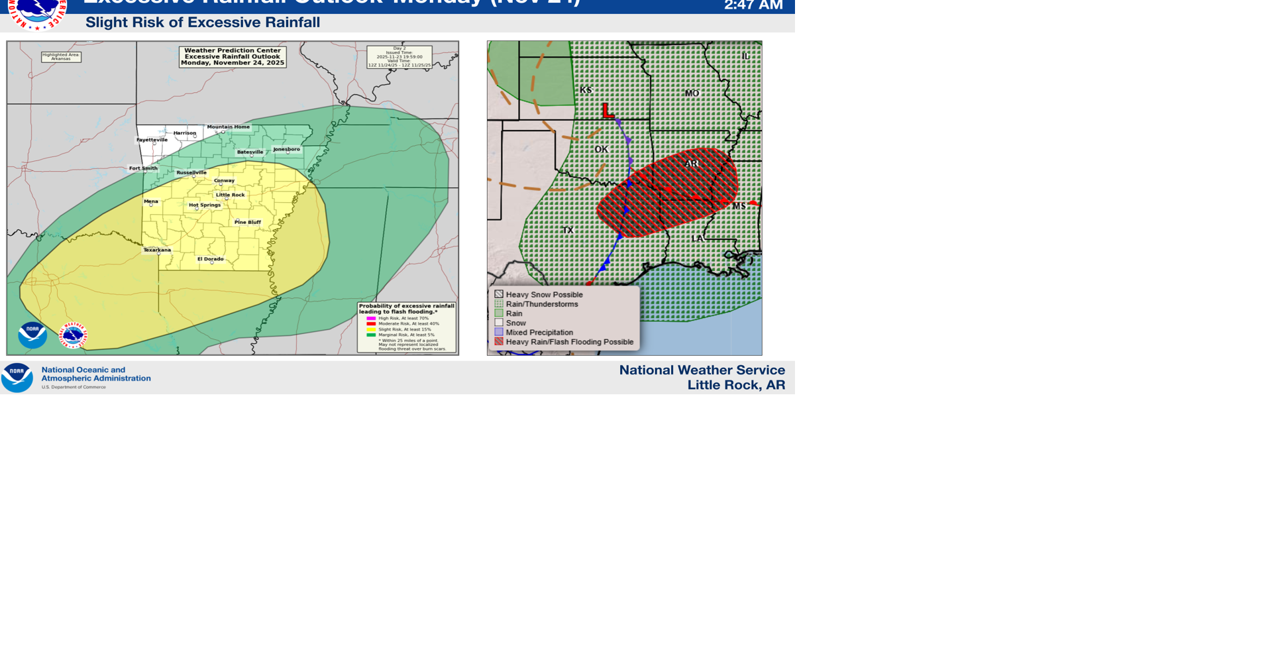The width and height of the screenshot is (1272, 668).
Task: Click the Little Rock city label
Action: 230,195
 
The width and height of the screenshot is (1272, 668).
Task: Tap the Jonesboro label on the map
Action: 286,149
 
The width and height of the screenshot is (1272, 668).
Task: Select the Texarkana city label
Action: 157,250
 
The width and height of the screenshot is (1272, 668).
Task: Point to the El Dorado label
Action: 210,259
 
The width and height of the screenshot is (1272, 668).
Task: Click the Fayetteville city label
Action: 152,140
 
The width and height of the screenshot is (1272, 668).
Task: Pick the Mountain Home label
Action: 228,127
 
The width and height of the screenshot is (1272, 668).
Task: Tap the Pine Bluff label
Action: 247,222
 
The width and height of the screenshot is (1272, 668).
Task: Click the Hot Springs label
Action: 204,205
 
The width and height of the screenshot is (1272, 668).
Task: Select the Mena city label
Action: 151,201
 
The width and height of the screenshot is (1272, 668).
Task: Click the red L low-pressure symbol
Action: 608,111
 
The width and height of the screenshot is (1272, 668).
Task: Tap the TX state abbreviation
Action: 568,230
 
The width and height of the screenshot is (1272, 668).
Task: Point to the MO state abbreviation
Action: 692,93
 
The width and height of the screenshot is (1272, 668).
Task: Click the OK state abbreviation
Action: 601,149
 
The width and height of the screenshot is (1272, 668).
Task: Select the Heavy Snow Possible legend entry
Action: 543,294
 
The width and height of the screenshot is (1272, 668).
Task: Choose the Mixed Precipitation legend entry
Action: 539,332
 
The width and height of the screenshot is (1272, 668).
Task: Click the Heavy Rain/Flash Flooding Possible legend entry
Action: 569,342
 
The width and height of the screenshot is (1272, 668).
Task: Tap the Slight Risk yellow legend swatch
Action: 371,329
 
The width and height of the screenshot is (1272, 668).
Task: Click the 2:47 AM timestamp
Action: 753,6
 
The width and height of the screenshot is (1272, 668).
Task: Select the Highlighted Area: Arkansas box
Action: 61,57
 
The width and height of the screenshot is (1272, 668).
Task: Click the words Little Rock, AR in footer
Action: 735,385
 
